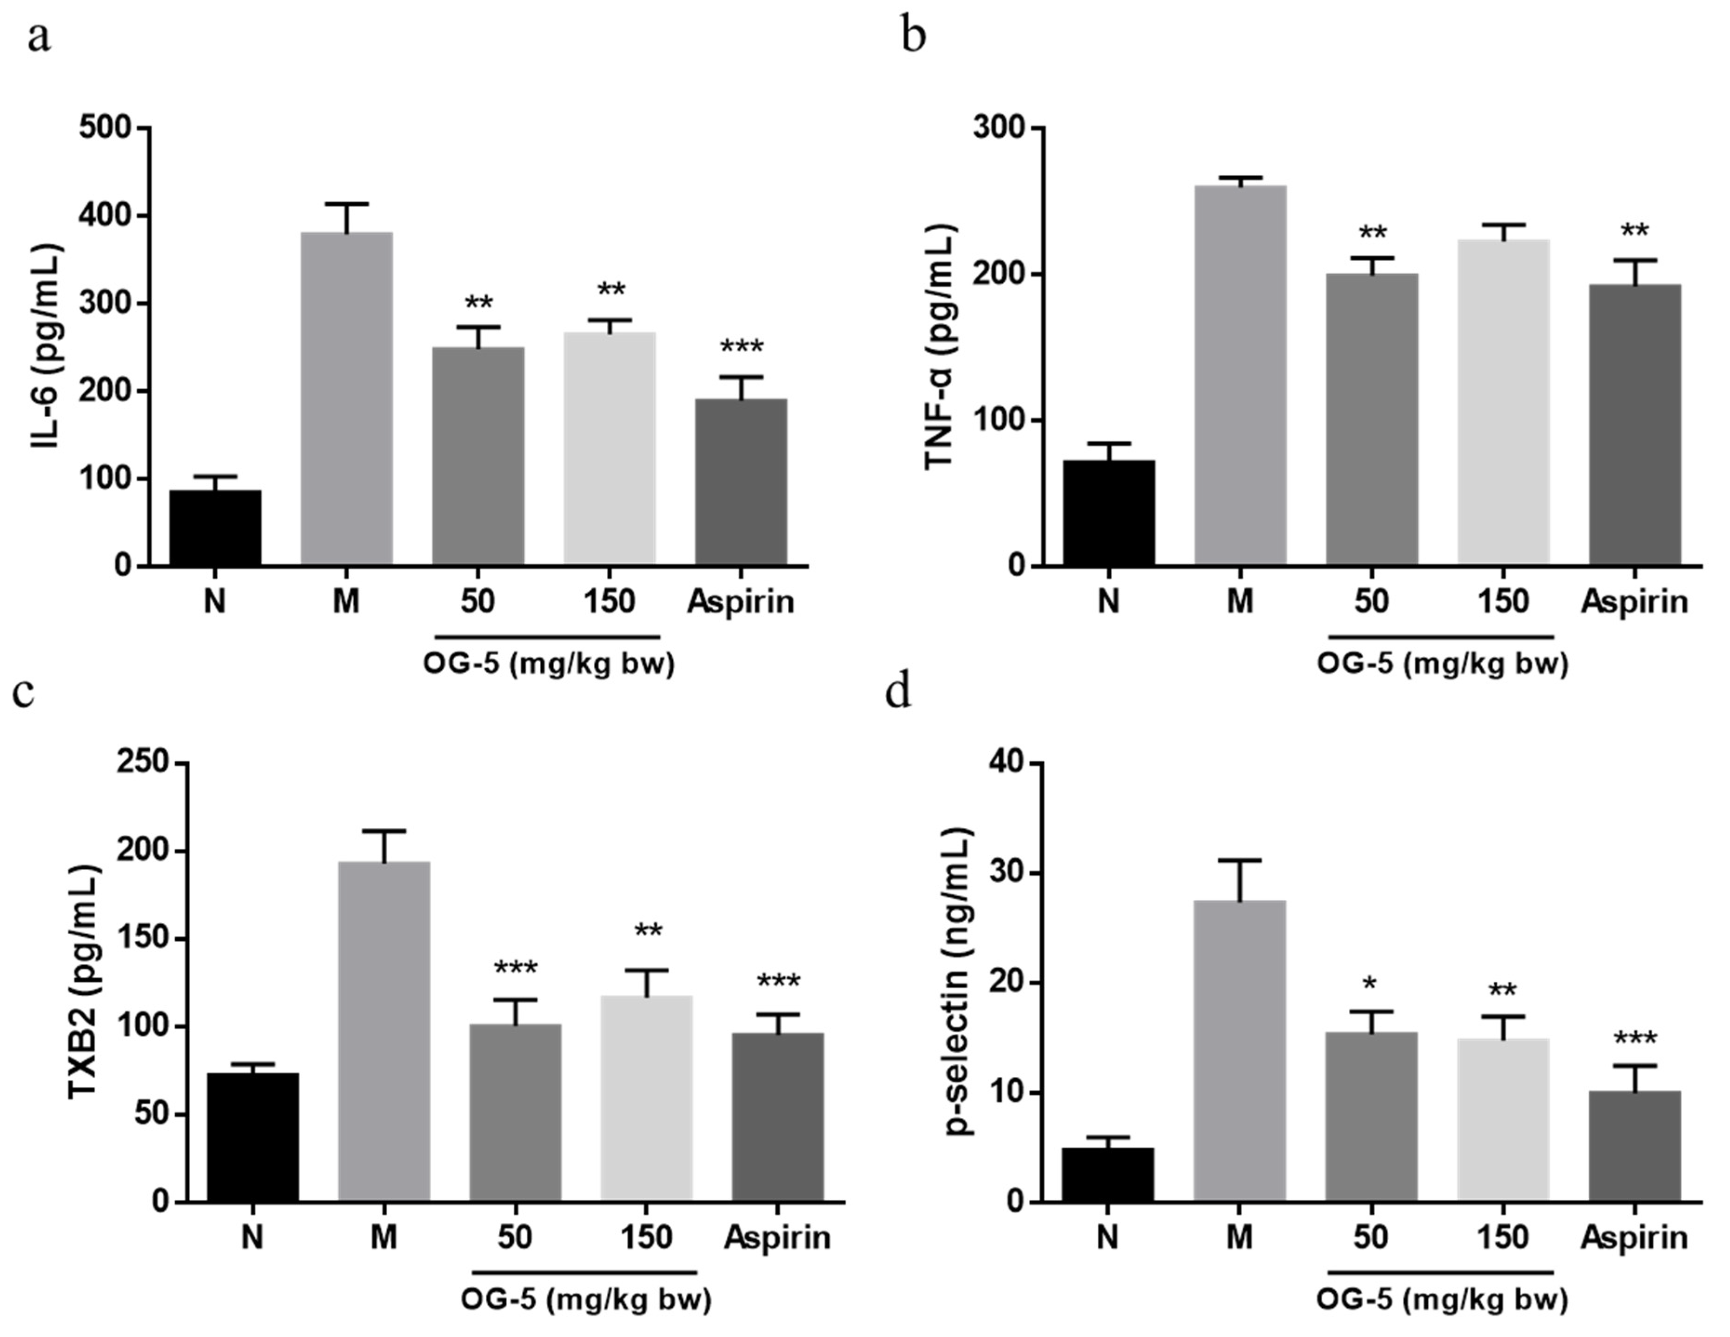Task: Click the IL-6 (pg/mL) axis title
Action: coord(47,347)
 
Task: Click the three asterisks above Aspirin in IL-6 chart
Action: coord(742,347)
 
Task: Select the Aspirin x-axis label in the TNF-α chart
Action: coord(1634,602)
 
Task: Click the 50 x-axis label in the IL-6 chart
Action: coord(477,602)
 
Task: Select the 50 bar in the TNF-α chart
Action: coord(1372,419)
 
